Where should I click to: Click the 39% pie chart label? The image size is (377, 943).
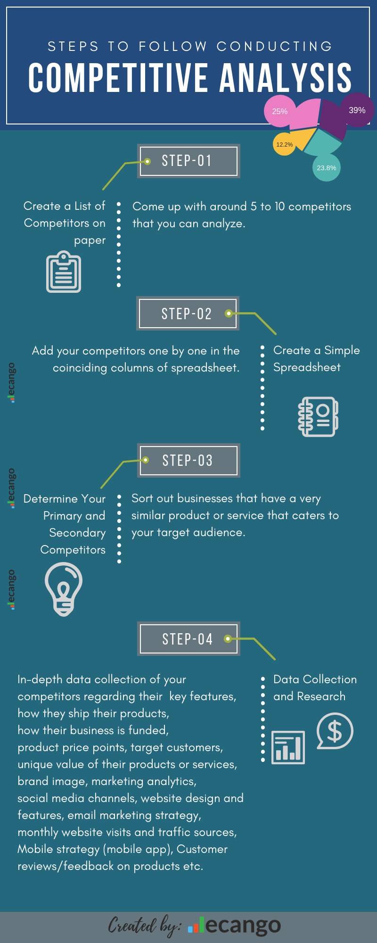coord(357,110)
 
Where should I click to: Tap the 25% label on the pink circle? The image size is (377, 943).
coord(279,111)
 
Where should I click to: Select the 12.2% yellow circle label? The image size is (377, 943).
coord(284,144)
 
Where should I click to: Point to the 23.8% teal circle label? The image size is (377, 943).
coord(326,168)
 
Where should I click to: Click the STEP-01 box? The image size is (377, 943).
coord(188,161)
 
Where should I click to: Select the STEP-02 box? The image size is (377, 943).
coord(188,314)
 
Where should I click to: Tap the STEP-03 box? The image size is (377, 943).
coord(188,460)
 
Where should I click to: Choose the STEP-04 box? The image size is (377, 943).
coord(188,639)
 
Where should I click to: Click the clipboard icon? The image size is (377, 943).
coord(64,272)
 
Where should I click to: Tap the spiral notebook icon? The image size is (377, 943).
coord(318,417)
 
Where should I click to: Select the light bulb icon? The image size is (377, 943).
coord(64,590)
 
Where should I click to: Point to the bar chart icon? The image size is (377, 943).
coord(288,747)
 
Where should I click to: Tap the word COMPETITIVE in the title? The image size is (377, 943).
coord(118,78)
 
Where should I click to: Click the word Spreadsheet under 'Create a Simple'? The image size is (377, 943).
coord(307,367)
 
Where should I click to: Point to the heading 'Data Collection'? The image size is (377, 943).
coord(315,679)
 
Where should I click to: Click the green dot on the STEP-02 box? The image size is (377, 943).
coord(229,313)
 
